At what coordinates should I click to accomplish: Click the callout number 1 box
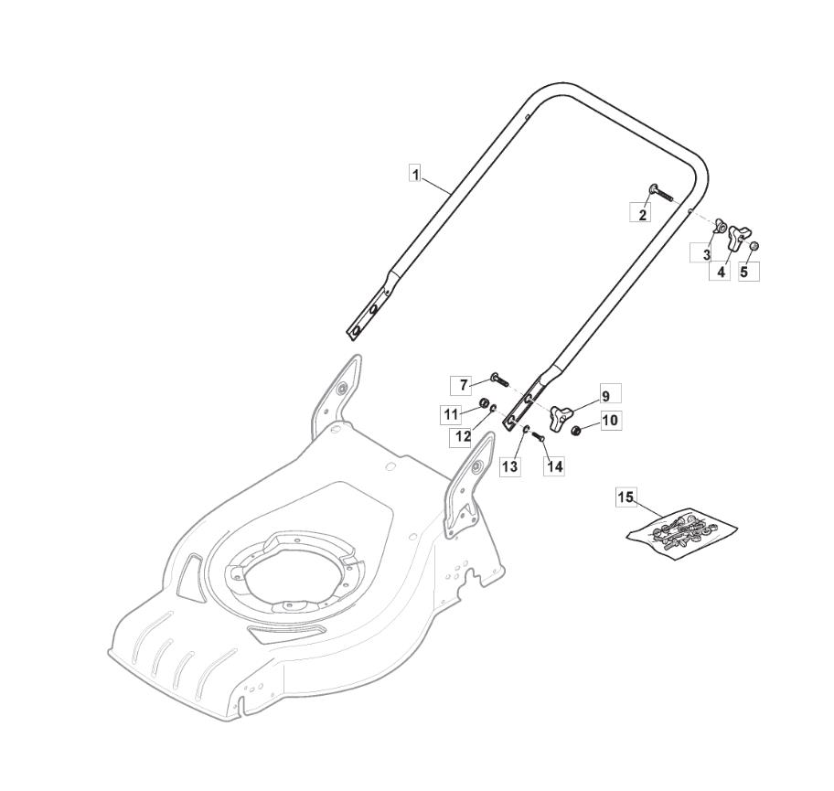[415, 173]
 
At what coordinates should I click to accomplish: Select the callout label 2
[643, 214]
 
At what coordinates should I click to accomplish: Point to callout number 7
[464, 385]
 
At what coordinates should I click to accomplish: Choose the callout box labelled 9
[604, 395]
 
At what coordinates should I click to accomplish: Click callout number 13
[510, 466]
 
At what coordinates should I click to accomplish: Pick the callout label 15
[625, 497]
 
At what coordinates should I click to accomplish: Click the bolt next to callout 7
[499, 379]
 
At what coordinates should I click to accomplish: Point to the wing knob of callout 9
[558, 413]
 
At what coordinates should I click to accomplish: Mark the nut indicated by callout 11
[483, 404]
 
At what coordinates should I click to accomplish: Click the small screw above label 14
[538, 438]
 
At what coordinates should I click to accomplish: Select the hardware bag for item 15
[682, 533]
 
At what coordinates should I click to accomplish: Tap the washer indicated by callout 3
[720, 226]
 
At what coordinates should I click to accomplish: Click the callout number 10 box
[610, 421]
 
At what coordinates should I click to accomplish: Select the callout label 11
[451, 414]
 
